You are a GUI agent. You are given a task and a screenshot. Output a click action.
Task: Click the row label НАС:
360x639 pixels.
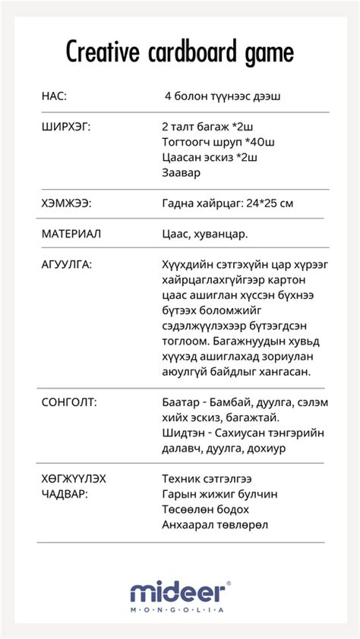click(x=54, y=96)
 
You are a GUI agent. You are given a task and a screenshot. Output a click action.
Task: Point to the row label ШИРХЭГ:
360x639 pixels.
click(x=65, y=127)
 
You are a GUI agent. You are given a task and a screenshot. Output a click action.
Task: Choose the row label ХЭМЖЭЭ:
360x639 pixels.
click(x=66, y=203)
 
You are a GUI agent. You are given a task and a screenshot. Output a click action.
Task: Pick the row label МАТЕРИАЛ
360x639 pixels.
click(x=71, y=234)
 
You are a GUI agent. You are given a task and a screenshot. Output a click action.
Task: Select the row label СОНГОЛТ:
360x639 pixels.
click(x=68, y=401)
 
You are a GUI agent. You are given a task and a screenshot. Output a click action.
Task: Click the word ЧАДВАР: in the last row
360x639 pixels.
click(x=64, y=494)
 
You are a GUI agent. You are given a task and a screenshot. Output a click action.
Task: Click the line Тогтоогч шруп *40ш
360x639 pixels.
click(x=218, y=142)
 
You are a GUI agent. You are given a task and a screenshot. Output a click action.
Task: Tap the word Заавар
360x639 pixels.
click(x=182, y=172)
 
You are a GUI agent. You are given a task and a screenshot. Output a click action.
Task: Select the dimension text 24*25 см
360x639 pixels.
click(x=268, y=203)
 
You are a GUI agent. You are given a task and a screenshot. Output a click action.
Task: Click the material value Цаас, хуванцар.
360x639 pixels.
click(x=205, y=234)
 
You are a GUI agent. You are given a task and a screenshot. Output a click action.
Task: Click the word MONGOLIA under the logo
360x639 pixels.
click(x=177, y=609)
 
